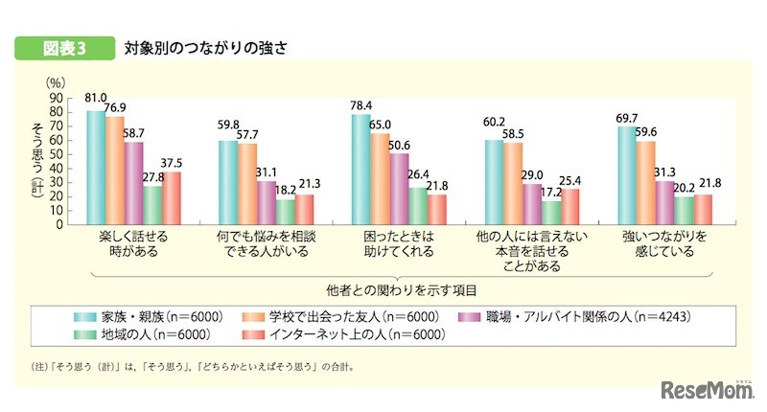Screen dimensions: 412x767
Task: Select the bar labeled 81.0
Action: [x=96, y=168]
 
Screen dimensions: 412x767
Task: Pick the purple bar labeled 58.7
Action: [x=133, y=183]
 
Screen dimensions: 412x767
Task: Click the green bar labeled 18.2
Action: [x=286, y=212]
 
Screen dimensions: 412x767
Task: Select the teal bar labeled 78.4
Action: [x=360, y=170]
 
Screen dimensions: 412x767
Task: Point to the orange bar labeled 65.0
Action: [x=380, y=179]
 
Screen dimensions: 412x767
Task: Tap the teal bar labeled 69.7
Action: [x=627, y=175]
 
